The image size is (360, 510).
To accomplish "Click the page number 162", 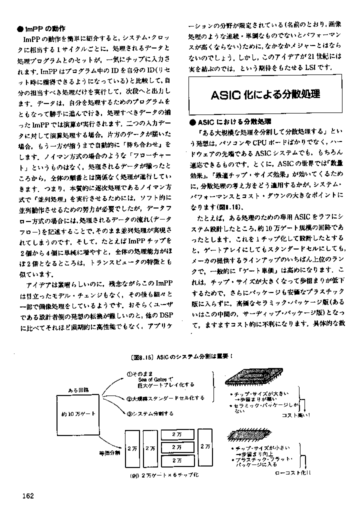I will pyautogui.click(x=27, y=495).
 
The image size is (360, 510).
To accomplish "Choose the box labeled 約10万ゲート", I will pyautogui.click(x=78, y=414).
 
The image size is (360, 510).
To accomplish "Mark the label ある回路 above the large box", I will pyautogui.click(x=78, y=389).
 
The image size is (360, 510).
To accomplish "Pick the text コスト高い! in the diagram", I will pyautogui.click(x=296, y=415).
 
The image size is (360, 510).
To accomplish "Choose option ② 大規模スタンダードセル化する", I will pyautogui.click(x=165, y=398).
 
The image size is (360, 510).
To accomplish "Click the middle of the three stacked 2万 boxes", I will pyautogui.click(x=176, y=447).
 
